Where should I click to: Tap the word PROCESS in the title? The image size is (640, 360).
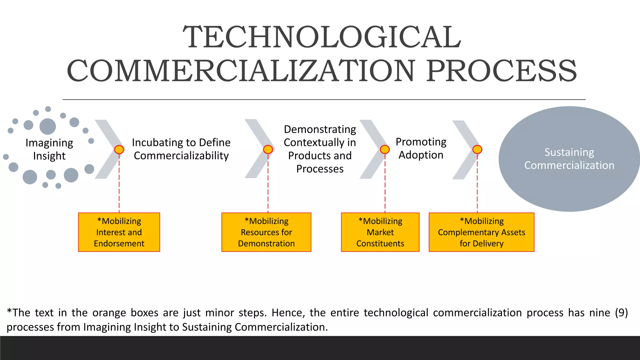pyautogui.click(x=502, y=71)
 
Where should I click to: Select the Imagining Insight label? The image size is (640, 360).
pyautogui.click(x=49, y=149)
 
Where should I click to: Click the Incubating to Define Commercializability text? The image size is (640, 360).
pyautogui.click(x=181, y=149)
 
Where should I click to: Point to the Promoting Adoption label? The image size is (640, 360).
pyautogui.click(x=421, y=148)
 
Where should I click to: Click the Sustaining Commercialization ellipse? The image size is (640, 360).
pyautogui.click(x=569, y=159)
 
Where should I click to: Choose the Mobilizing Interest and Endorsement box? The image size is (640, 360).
pyautogui.click(x=119, y=232)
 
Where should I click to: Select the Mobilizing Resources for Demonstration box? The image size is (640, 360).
pyautogui.click(x=266, y=232)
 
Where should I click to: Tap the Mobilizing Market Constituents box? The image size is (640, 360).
pyautogui.click(x=380, y=232)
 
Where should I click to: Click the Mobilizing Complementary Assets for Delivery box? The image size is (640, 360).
pyautogui.click(x=481, y=232)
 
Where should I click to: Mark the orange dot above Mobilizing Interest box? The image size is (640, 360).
pyautogui.click(x=119, y=150)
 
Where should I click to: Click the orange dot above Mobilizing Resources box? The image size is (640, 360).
pyautogui.click(x=268, y=150)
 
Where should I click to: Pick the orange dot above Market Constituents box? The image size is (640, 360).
pyautogui.click(x=385, y=150)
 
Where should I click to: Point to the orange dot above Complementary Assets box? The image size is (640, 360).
pyautogui.click(x=477, y=150)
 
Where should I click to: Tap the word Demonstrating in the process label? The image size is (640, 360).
pyautogui.click(x=320, y=129)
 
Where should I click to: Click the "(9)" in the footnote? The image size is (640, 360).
pyautogui.click(x=621, y=313)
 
